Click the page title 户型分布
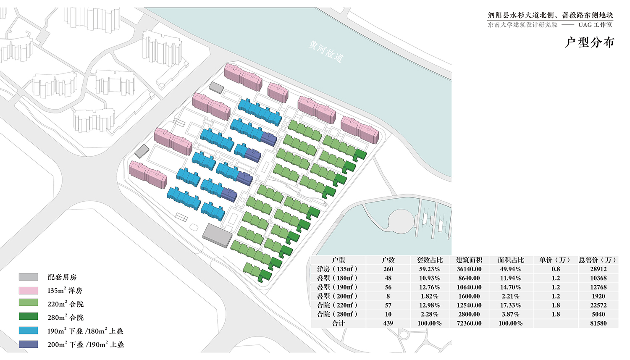point(590,42)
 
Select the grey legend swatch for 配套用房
point(29,277)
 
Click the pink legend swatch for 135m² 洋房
point(29,291)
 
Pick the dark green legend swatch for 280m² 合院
point(29,316)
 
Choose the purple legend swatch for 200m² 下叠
point(29,344)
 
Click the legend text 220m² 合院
point(66,304)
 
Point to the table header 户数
point(388,260)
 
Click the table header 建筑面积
point(469,260)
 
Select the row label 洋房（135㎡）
point(338,269)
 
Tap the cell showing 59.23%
point(429,269)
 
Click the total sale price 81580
point(598,323)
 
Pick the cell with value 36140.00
point(469,269)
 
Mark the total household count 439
point(388,323)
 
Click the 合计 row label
point(338,323)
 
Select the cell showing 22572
point(598,305)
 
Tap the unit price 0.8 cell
point(556,269)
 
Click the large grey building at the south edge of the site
point(218,236)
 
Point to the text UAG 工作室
point(596,25)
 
